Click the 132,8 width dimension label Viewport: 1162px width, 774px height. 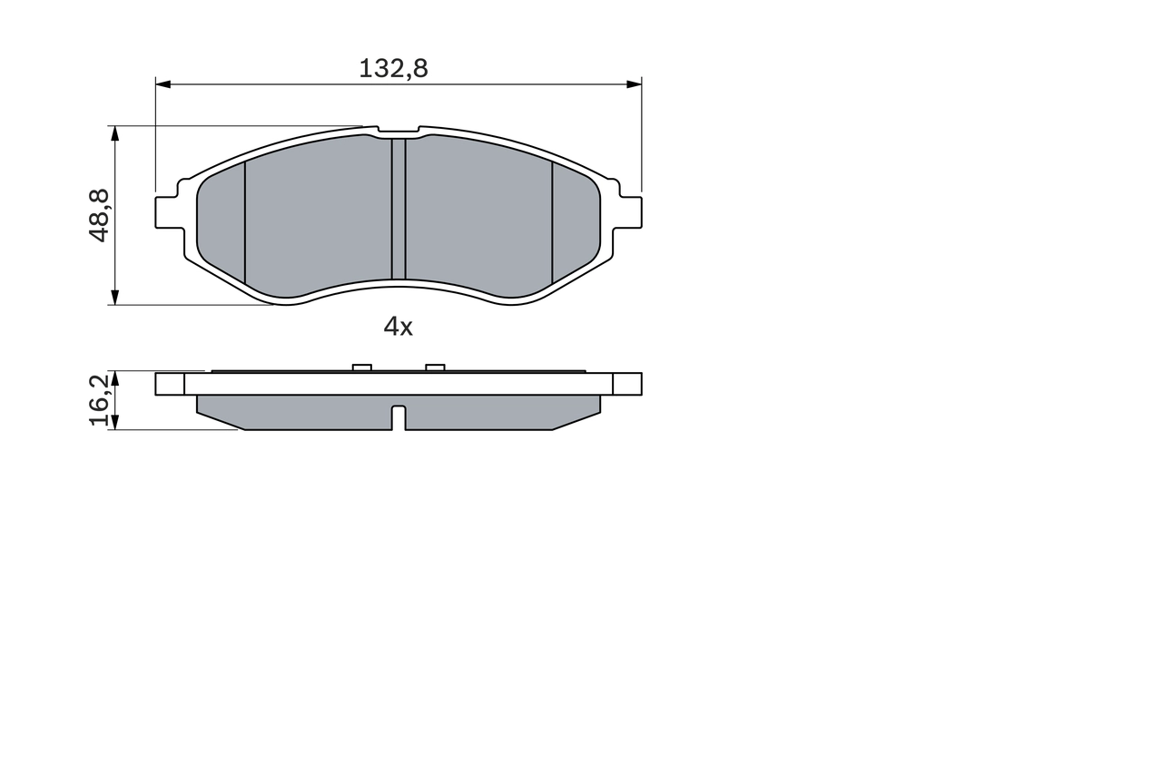[393, 68]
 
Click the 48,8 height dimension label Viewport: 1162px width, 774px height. [99, 215]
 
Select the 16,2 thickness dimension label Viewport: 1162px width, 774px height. [99, 400]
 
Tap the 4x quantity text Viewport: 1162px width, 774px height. [398, 327]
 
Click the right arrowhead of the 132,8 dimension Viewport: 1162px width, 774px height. [634, 84]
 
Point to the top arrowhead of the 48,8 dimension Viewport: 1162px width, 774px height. [114, 133]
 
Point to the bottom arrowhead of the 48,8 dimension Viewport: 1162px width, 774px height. [114, 297]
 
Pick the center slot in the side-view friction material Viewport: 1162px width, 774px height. [398, 417]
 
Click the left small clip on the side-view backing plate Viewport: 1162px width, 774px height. [361, 367]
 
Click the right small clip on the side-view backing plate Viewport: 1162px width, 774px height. [435, 367]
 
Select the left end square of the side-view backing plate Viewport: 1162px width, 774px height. [170, 384]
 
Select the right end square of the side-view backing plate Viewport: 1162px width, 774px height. [627, 384]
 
